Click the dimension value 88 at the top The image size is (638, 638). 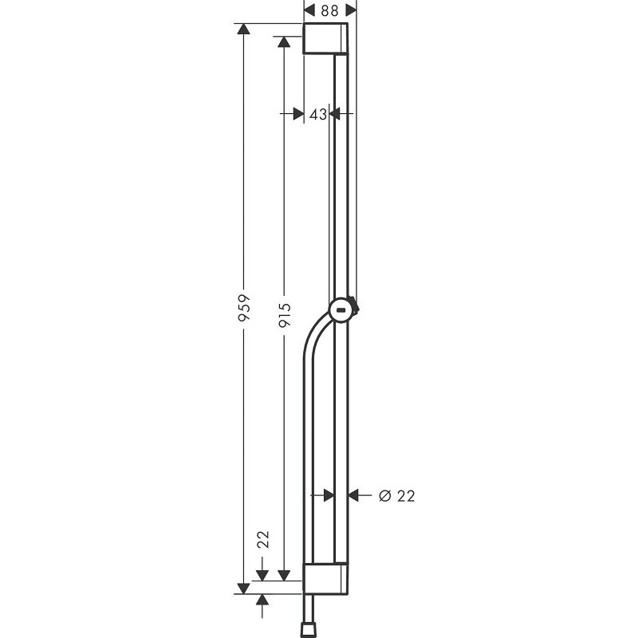click(x=330, y=10)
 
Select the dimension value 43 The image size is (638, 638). click(x=317, y=115)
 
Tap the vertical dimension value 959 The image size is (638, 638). click(x=244, y=308)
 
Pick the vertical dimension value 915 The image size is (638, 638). click(x=285, y=315)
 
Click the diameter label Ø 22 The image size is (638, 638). click(x=396, y=496)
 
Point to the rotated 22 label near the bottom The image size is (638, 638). click(x=264, y=540)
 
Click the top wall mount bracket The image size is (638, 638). click(x=325, y=38)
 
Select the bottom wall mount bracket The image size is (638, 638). click(x=325, y=579)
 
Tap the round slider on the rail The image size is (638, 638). click(x=343, y=311)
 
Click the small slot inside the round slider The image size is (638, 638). click(x=341, y=311)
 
